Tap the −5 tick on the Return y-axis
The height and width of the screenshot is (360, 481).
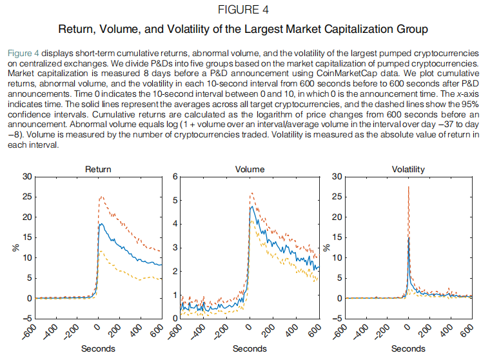click(25, 319)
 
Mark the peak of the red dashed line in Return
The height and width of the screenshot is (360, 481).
click(101, 196)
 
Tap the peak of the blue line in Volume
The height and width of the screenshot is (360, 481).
click(251, 206)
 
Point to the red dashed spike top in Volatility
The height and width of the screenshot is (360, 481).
click(408, 186)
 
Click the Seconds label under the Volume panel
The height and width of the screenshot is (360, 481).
click(250, 349)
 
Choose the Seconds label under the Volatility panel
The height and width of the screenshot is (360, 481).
click(408, 349)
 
